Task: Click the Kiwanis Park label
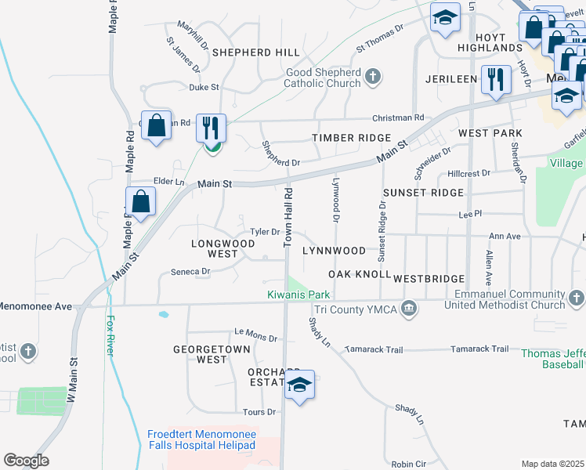(299, 295)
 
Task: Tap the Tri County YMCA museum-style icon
(408, 309)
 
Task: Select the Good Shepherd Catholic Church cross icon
(373, 77)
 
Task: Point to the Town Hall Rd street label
(288, 213)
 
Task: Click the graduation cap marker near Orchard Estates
(298, 384)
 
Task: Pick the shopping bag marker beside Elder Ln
(140, 201)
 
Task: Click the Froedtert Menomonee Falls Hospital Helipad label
(201, 439)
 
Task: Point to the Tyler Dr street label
(265, 232)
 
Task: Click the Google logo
(26, 461)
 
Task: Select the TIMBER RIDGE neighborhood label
(351, 138)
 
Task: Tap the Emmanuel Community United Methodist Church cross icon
(577, 298)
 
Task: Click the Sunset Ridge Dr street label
(382, 233)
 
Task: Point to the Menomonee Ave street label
(36, 306)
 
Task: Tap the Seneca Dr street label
(190, 272)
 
